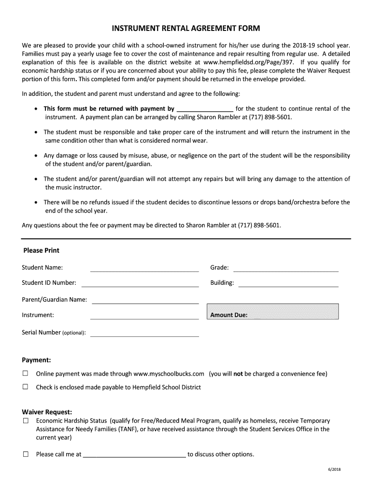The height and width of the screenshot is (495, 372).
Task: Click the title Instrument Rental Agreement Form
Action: click(186, 28)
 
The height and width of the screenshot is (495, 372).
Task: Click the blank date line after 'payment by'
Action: click(205, 109)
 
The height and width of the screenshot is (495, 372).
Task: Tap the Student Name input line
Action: click(144, 268)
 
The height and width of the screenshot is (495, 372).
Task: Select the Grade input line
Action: click(286, 268)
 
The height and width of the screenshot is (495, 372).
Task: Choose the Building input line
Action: click(288, 283)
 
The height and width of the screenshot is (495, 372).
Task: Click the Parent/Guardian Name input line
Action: click(145, 300)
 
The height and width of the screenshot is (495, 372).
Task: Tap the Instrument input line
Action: click(144, 316)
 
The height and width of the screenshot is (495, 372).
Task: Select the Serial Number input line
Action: click(144, 333)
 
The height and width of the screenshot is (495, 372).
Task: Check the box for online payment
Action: click(26, 374)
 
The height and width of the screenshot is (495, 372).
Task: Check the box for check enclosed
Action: click(26, 387)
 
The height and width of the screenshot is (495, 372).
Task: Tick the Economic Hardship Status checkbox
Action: click(26, 421)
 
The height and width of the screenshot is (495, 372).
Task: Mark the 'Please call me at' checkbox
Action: click(26, 454)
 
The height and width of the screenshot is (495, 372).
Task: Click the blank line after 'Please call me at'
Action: click(134, 455)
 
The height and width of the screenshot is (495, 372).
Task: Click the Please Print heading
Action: click(42, 250)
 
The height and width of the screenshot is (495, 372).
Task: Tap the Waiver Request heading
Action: click(47, 412)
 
